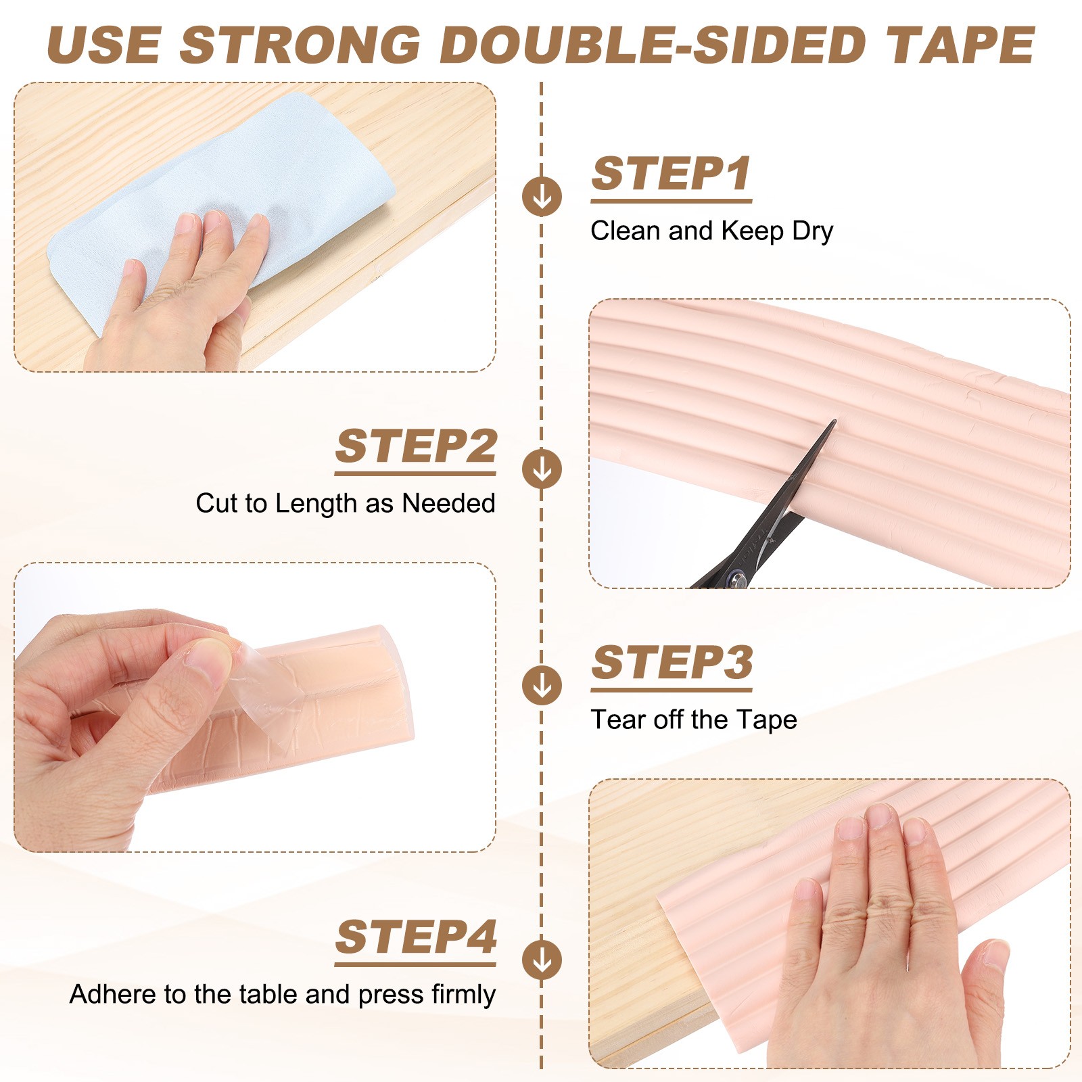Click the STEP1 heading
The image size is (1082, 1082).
(672, 174)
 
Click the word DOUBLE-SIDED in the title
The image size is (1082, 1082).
(653, 45)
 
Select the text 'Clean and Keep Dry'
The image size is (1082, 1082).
(711, 231)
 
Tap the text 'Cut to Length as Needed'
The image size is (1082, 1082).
(346, 504)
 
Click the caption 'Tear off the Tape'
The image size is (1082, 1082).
(694, 720)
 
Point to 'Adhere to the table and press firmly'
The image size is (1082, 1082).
(283, 995)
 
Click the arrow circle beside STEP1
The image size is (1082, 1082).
(542, 197)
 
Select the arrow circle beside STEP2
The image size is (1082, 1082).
(542, 469)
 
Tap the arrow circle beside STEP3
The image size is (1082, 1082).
(542, 685)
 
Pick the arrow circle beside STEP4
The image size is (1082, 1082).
(542, 960)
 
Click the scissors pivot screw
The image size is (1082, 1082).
(737, 578)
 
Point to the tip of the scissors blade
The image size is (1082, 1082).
(835, 421)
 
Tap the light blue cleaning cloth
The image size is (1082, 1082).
(223, 203)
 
